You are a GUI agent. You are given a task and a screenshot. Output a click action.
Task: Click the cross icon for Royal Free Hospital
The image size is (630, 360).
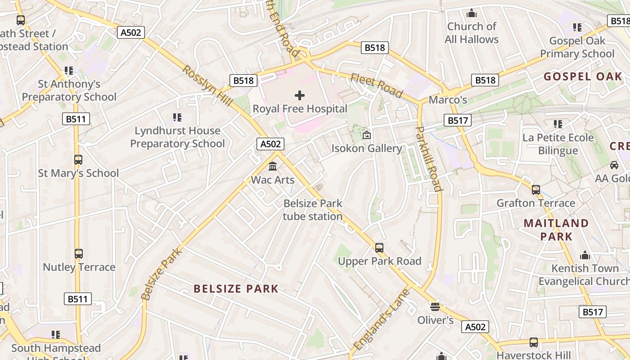[x=300, y=95]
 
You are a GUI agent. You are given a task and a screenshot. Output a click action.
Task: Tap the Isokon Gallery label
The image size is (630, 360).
[x=366, y=148]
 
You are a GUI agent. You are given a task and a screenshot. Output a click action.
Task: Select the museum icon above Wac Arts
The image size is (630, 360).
[x=273, y=166]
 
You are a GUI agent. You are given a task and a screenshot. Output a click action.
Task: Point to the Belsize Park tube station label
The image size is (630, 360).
[x=313, y=210]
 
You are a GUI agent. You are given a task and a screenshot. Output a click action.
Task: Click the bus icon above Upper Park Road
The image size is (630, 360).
[x=379, y=248]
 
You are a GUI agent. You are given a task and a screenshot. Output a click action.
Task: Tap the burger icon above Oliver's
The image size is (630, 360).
[x=435, y=307]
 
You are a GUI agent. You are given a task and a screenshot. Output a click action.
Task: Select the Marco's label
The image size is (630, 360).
[x=447, y=99]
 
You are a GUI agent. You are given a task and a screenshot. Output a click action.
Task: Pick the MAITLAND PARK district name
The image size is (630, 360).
[x=556, y=229]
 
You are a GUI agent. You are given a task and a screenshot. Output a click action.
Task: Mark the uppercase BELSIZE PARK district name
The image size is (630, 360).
[x=236, y=289]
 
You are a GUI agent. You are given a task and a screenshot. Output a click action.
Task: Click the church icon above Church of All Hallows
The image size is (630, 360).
[x=472, y=13]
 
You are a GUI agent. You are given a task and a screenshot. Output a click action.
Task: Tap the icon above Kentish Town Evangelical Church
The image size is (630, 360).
[x=585, y=255]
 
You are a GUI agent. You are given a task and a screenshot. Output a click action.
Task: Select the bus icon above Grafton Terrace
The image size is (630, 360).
[x=535, y=190]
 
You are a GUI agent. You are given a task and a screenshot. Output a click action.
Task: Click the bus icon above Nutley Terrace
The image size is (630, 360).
[x=79, y=254]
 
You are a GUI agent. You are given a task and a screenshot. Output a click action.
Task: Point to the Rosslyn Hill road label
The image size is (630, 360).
[x=207, y=86]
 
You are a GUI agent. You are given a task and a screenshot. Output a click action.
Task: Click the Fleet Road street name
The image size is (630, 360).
[x=376, y=85]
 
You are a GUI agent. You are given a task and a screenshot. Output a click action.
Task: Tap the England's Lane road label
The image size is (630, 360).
[x=382, y=319]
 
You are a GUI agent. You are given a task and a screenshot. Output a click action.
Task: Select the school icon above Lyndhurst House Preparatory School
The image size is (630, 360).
[x=177, y=117]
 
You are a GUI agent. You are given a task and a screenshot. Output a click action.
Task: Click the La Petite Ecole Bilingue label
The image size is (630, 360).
[x=558, y=144]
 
